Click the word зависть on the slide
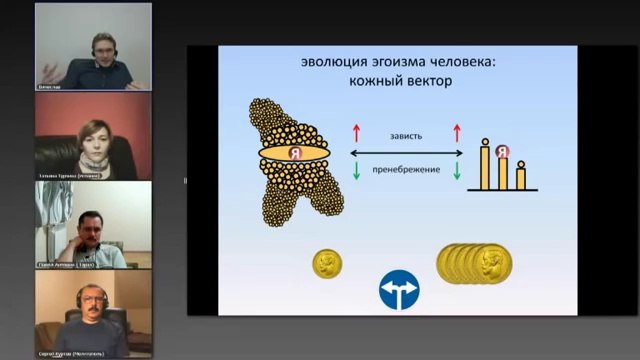click(x=405, y=135)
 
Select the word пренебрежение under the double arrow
click(x=406, y=169)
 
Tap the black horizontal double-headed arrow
click(x=406, y=152)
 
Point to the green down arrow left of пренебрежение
click(x=355, y=170)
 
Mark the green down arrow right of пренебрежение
click(x=457, y=170)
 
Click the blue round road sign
click(x=398, y=290)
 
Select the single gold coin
click(x=327, y=264)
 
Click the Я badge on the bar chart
click(x=502, y=152)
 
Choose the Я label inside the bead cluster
click(x=294, y=153)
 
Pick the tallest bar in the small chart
click(x=486, y=166)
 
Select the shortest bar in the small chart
click(x=520, y=177)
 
